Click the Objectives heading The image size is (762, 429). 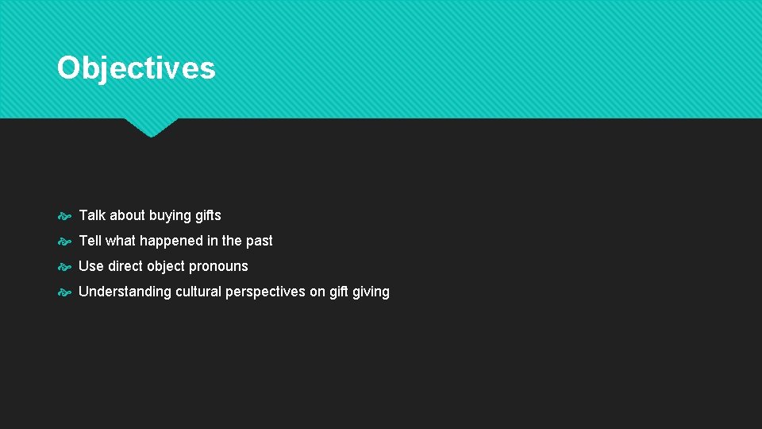[x=136, y=68]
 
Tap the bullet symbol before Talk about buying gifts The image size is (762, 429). [x=65, y=215]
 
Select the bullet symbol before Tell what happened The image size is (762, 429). [x=65, y=241]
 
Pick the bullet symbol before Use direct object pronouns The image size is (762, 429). [x=65, y=266]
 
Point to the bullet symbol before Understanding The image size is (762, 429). [x=65, y=292]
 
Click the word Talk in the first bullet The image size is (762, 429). [x=92, y=215]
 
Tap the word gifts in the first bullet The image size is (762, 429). [x=208, y=215]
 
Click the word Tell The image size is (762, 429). [x=90, y=241]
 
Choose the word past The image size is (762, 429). [x=259, y=241]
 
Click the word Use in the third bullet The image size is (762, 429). [x=91, y=266]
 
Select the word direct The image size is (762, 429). [x=125, y=266]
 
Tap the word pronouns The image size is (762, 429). [x=218, y=267]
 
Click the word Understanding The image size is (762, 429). [x=125, y=292]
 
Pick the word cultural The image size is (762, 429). [x=198, y=292]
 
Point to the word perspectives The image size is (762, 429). [x=265, y=292]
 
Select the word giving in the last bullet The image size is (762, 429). [x=371, y=292]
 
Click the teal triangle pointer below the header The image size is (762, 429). [x=151, y=127]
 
